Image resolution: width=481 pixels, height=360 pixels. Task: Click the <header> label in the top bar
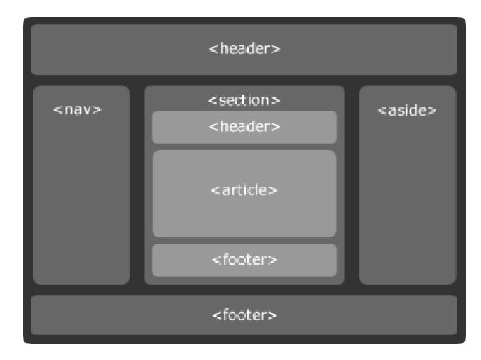click(x=244, y=50)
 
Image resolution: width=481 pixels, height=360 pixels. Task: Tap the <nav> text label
click(x=78, y=109)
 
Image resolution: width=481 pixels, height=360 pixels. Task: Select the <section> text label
click(x=244, y=101)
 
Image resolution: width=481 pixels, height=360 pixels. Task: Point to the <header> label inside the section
click(x=244, y=127)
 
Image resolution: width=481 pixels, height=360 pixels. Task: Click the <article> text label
click(x=244, y=190)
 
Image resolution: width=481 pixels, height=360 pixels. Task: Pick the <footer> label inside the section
click(x=244, y=259)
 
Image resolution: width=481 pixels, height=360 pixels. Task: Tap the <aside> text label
click(x=407, y=111)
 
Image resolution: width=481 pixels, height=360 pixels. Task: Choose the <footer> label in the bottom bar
click(x=244, y=314)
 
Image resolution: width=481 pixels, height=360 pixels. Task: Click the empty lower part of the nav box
click(x=81, y=220)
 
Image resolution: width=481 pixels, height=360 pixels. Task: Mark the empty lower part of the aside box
click(x=407, y=220)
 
